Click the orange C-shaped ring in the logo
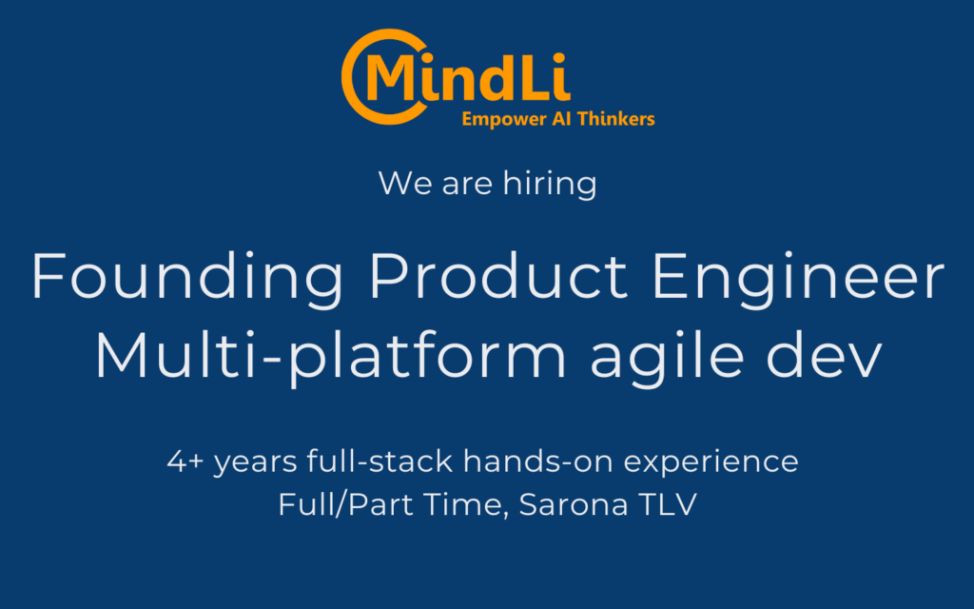348,77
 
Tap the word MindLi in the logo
468,77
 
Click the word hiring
550,184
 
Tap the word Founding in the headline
187,277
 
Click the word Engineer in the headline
798,277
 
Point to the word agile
667,357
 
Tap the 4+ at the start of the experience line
185,462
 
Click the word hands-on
538,461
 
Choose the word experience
711,463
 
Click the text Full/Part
345,504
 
